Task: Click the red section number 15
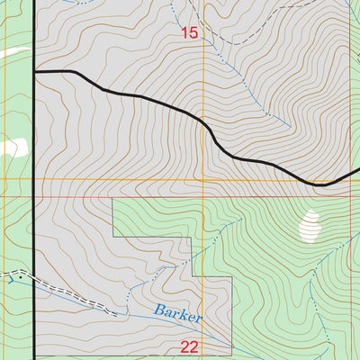[x=188, y=33]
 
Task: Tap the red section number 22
[x=190, y=346]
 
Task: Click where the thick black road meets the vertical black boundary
[x=34, y=70]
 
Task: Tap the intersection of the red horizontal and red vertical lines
[x=348, y=194]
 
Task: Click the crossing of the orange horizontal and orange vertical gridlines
[x=204, y=179]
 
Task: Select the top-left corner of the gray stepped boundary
[x=112, y=199]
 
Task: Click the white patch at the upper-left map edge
[x=7, y=52]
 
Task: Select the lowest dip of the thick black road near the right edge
[x=319, y=184]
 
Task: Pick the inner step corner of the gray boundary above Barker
[x=193, y=238]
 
